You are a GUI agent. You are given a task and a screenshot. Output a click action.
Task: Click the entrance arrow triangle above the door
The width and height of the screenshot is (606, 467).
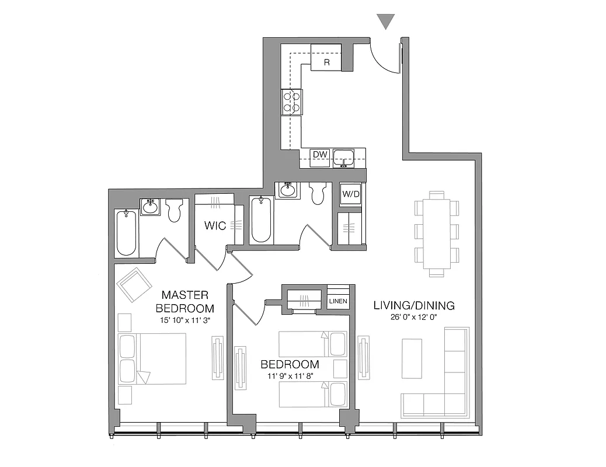(386, 22)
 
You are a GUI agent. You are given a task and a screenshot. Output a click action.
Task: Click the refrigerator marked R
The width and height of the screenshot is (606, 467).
(326, 58)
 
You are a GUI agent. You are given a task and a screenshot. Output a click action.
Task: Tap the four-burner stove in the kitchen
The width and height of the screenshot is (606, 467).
(291, 102)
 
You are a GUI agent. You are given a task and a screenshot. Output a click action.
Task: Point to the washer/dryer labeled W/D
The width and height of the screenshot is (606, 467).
(350, 194)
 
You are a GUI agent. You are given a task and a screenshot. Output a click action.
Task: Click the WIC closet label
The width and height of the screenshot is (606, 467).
(215, 225)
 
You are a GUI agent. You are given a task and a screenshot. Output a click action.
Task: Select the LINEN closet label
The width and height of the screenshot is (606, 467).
(338, 301)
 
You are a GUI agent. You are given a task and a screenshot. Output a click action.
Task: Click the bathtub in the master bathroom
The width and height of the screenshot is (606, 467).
(127, 232)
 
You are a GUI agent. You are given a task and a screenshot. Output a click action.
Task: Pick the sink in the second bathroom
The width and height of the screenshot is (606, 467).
(287, 191)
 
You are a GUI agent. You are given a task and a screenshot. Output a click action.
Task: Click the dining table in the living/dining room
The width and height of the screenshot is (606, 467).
(437, 233)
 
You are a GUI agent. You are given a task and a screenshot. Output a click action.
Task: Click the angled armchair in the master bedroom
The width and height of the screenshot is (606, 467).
(135, 284)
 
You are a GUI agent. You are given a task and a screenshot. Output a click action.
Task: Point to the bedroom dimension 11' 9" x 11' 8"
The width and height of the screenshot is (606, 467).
(290, 377)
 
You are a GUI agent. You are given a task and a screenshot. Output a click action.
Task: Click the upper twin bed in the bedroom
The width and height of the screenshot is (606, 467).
(313, 344)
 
